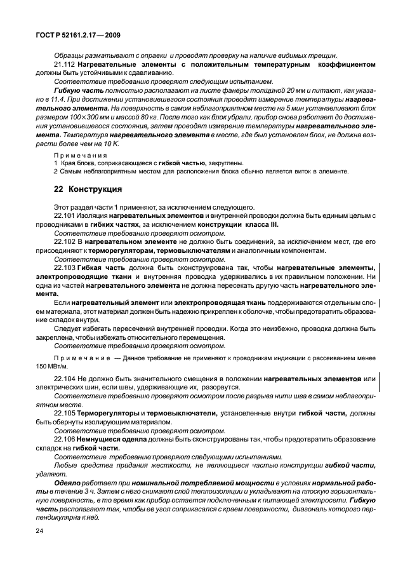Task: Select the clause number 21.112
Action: click(x=65, y=65)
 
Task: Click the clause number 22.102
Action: click(x=65, y=243)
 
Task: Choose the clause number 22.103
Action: click(x=65, y=269)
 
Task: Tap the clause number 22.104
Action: click(x=65, y=379)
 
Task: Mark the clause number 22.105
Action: click(x=65, y=413)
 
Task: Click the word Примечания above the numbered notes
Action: click(x=72, y=154)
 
